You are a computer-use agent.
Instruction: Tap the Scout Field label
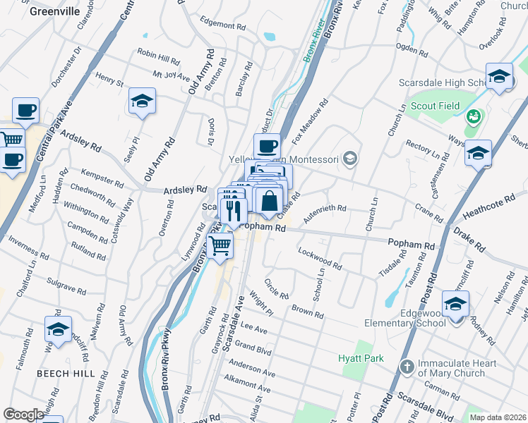pos(436,106)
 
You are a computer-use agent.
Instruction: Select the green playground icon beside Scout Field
pos(474,114)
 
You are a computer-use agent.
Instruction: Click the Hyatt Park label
pos(360,358)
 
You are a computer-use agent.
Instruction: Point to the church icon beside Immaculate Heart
pos(407,366)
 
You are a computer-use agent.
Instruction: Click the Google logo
pos(23,415)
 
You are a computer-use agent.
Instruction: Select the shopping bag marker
pos(269,201)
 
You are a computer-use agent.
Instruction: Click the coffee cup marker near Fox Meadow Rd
pos(267,147)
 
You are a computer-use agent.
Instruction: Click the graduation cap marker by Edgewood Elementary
pos(455,304)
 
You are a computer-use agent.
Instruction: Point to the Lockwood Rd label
pos(320,259)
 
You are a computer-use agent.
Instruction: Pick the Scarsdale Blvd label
pos(426,404)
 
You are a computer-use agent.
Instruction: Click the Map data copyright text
pos(497,417)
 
